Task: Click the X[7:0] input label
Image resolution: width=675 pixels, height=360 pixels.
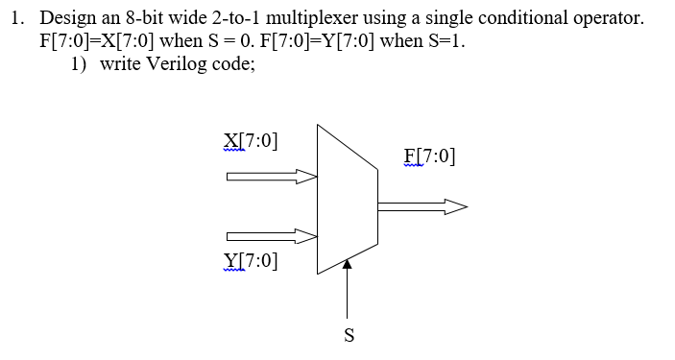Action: [251, 142]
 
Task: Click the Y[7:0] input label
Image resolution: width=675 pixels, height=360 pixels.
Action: [251, 259]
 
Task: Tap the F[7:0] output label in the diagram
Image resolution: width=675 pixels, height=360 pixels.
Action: [430, 157]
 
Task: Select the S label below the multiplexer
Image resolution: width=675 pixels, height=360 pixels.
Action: [349, 336]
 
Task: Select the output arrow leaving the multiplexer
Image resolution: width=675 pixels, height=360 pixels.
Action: [422, 205]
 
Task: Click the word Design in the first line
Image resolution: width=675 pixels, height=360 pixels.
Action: [66, 18]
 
